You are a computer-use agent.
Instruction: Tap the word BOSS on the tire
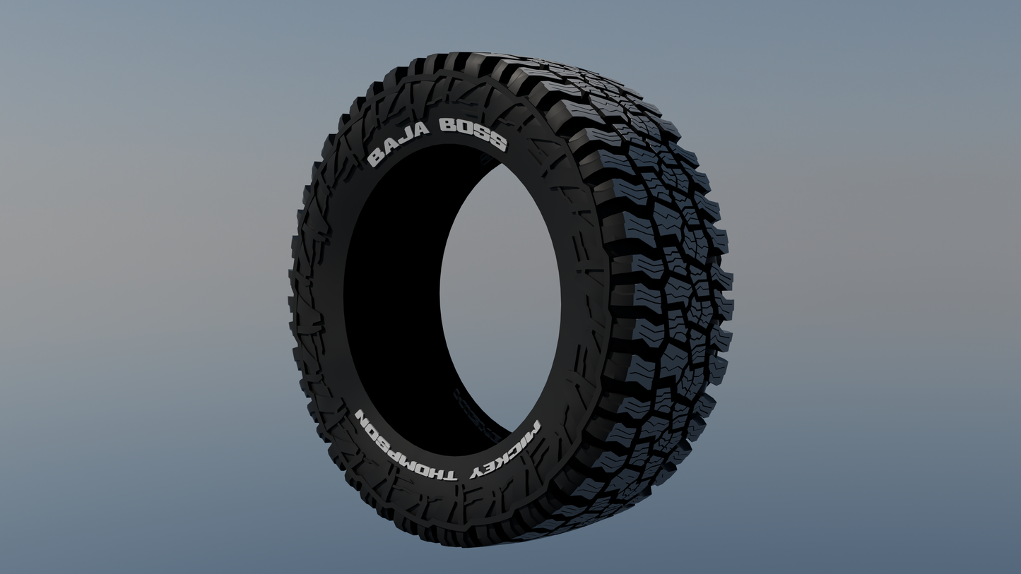[x=472, y=133]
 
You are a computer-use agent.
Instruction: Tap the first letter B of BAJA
[x=375, y=159]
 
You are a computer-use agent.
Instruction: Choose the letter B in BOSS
[x=447, y=126]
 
